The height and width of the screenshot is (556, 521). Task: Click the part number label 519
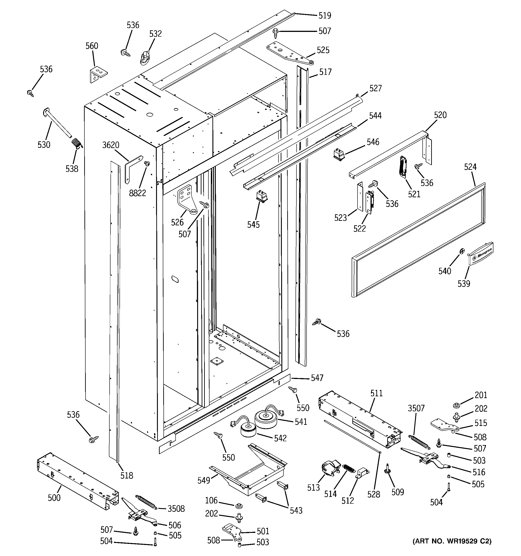(x=325, y=15)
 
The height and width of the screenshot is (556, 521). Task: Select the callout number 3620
(x=111, y=145)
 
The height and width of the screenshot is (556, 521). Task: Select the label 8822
(x=137, y=193)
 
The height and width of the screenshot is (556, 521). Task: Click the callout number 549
(x=204, y=480)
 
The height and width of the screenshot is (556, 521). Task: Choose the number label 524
(x=470, y=167)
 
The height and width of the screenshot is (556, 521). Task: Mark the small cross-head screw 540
(x=461, y=251)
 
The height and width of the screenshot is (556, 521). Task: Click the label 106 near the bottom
(x=211, y=500)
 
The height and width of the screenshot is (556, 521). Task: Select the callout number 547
(x=317, y=378)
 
